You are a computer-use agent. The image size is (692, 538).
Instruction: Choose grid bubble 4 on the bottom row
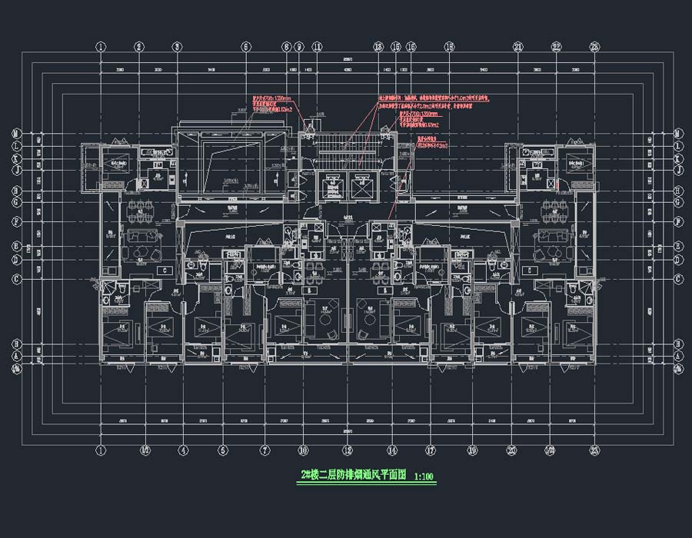pyautogui.click(x=183, y=450)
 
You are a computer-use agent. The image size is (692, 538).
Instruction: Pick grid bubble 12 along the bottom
pyautogui.click(x=348, y=450)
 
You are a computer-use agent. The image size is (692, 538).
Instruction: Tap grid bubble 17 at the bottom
pyautogui.click(x=431, y=450)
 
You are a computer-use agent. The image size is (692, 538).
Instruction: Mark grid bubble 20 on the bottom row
pyautogui.click(x=511, y=450)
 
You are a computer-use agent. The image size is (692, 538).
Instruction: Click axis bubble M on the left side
pyautogui.click(x=16, y=133)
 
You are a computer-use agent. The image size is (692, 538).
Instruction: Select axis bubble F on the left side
pyautogui.click(x=16, y=223)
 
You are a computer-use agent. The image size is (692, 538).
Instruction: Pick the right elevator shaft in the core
pyautogui.click(x=362, y=184)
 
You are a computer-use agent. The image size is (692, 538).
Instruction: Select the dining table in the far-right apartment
pyautogui.click(x=553, y=207)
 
